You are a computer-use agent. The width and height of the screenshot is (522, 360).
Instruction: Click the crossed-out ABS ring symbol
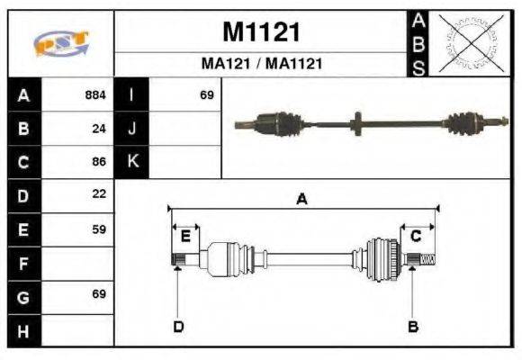(x=470, y=42)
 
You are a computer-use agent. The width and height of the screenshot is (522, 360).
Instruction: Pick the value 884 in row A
(x=95, y=94)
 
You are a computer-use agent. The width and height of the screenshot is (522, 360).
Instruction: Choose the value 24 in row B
(x=99, y=128)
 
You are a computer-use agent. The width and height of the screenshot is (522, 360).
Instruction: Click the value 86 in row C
(x=99, y=162)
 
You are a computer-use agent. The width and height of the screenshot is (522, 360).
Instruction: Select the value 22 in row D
(x=99, y=193)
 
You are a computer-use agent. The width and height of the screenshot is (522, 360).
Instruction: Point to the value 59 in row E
(x=99, y=229)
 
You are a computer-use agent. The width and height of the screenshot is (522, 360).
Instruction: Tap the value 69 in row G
(x=99, y=294)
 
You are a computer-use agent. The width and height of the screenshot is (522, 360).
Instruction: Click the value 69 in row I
(x=207, y=94)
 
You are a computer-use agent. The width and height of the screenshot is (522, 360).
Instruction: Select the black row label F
(x=22, y=264)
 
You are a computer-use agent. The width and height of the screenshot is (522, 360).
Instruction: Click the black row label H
(x=22, y=330)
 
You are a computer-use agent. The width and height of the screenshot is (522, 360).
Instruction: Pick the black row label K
(x=131, y=162)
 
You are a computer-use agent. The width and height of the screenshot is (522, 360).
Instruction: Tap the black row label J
(x=131, y=128)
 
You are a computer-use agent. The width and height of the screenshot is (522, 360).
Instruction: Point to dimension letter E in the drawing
(x=185, y=237)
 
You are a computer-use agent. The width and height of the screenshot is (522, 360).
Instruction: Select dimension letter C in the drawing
(x=416, y=237)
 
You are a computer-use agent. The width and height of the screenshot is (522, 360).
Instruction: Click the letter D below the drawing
(x=178, y=326)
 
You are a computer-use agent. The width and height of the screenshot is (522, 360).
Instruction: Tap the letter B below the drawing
(x=413, y=326)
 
